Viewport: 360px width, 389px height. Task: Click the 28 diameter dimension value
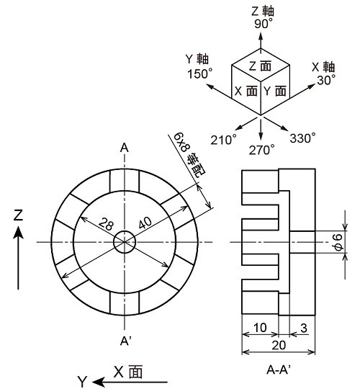[107, 224]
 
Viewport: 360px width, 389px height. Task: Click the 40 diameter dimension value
[145, 223]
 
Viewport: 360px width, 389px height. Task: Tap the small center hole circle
[125, 242]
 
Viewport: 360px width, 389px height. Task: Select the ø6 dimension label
[339, 242]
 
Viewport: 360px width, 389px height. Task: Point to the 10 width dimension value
[260, 328]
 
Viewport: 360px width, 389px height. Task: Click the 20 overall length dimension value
[279, 345]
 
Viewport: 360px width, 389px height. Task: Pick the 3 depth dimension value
[304, 328]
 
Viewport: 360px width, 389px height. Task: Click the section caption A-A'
[279, 370]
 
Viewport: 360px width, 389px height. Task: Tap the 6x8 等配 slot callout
[188, 155]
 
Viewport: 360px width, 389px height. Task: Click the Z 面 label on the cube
[260, 66]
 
